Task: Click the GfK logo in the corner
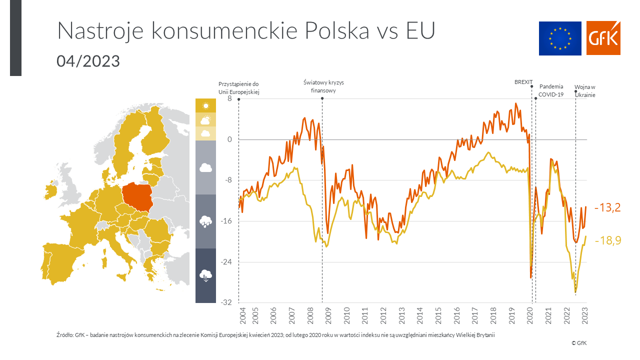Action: tap(603, 38)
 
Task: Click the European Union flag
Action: tap(560, 38)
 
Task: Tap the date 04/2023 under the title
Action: tap(88, 61)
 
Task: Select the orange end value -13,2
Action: tap(607, 207)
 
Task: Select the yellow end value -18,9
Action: tap(607, 240)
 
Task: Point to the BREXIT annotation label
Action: tap(523, 82)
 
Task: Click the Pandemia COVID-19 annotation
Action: tap(551, 90)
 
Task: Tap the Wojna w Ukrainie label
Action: tap(585, 90)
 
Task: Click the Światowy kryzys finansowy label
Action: tap(323, 86)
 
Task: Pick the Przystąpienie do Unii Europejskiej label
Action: tap(238, 87)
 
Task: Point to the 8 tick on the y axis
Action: tap(229, 99)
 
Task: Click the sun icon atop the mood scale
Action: tap(205, 105)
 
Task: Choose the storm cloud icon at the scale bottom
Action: tap(205, 275)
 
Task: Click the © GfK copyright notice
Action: tap(579, 343)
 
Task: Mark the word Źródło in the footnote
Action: tap(63, 335)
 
